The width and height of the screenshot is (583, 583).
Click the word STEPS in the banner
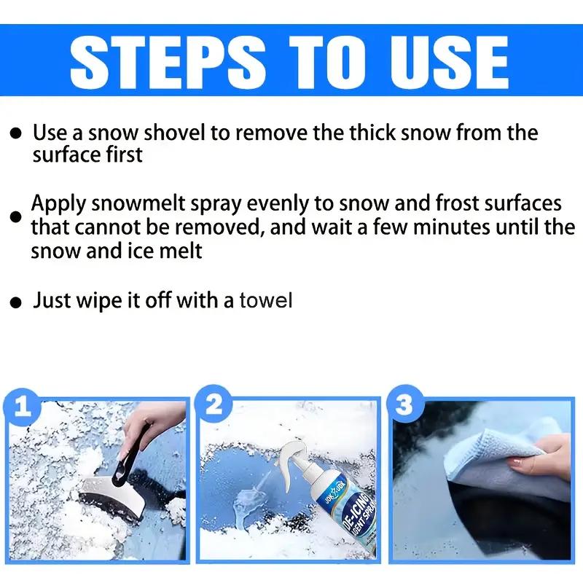point(168,63)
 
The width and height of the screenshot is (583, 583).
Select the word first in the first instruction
point(124,154)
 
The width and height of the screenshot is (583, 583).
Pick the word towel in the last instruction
point(265,300)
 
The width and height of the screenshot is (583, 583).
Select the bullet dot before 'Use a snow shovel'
point(16,133)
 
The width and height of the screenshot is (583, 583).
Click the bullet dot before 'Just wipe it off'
point(16,302)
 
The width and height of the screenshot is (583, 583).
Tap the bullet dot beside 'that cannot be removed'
point(15,216)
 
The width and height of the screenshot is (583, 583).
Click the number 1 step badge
point(23,407)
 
